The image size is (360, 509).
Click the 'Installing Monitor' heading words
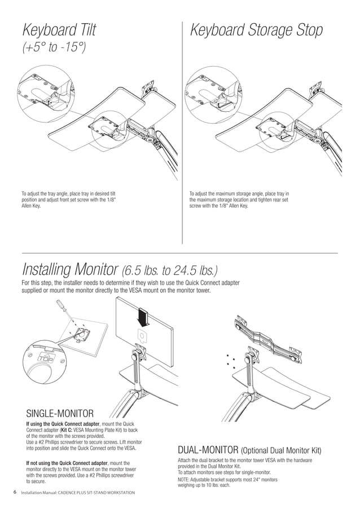[68, 267]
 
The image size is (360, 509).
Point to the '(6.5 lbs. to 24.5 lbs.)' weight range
[169, 268]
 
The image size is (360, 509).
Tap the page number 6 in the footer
[15, 493]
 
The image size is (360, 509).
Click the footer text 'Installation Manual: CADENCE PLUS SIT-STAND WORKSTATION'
[77, 493]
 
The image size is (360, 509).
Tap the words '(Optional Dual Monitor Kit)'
[281, 451]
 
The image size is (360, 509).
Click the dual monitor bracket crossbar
[265, 339]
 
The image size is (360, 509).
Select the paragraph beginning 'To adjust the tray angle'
[71, 200]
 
